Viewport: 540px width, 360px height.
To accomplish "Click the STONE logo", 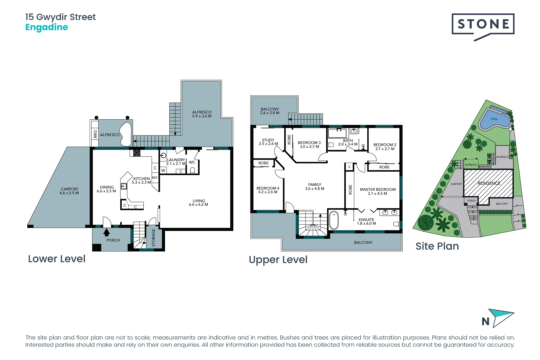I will point(483,25).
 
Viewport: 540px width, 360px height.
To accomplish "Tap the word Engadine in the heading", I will point(47,27).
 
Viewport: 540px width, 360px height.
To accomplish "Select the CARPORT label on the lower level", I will point(69,191).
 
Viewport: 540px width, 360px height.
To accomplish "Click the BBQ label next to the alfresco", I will point(95,134).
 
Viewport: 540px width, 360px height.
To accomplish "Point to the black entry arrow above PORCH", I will point(106,232).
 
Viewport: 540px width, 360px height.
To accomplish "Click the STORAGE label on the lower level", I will point(154,237).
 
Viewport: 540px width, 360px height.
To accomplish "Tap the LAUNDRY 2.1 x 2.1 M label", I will point(176,162).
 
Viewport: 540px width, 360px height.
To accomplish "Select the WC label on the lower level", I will point(192,162).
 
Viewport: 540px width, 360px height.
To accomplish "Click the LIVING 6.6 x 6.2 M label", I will point(198,203).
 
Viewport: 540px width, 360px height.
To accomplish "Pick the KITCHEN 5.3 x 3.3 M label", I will point(141,180).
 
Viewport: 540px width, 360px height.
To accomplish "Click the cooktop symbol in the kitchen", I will point(137,153).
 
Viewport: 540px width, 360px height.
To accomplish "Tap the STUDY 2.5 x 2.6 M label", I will point(268,142).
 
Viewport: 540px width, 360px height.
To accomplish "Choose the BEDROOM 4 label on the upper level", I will point(268,190).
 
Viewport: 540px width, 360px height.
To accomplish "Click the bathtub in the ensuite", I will point(334,220).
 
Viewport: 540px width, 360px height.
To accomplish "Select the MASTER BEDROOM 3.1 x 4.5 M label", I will point(378,191).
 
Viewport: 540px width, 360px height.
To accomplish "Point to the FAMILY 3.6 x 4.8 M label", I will point(314,186).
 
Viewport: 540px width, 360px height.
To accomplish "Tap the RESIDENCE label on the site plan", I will point(489,183).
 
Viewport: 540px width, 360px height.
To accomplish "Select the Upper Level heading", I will point(278,260).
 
